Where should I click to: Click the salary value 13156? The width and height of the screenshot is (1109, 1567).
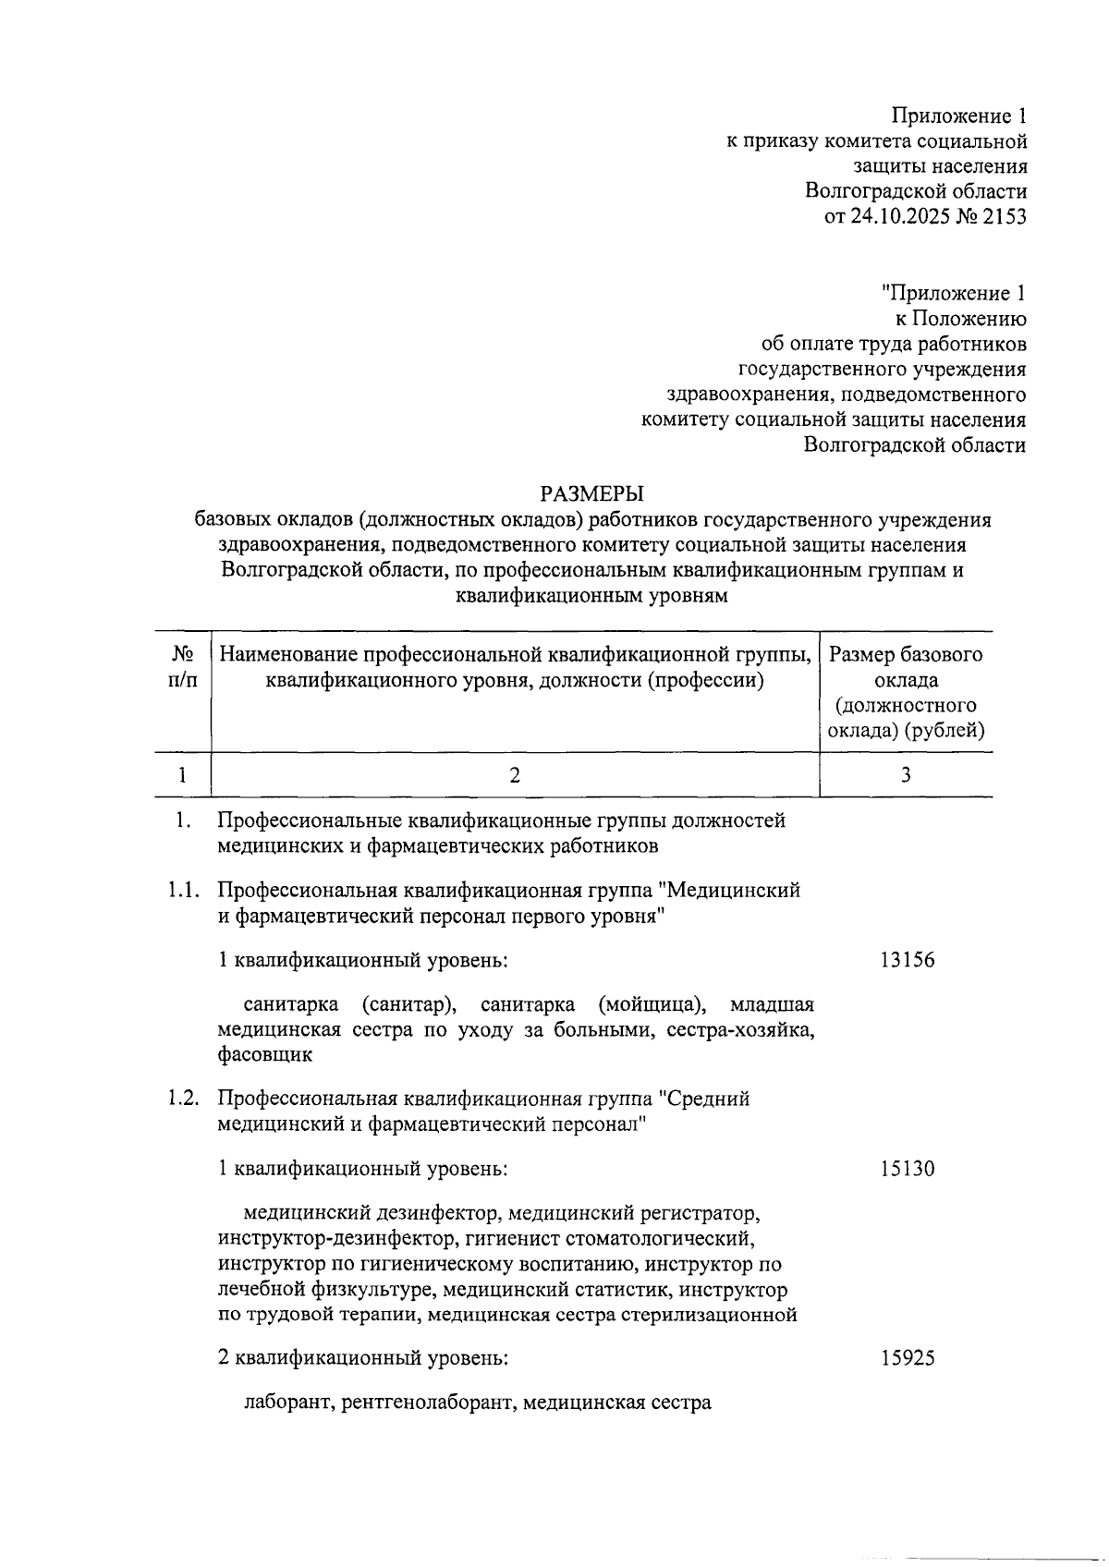(907, 960)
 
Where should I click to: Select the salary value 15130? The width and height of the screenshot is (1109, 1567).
(907, 1169)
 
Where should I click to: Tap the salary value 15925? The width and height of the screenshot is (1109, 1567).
(907, 1358)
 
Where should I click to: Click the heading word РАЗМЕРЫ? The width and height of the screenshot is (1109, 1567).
(592, 493)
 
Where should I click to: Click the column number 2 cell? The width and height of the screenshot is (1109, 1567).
(515, 775)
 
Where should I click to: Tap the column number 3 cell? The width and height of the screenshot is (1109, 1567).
(906, 775)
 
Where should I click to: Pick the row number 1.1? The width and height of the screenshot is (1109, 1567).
(183, 892)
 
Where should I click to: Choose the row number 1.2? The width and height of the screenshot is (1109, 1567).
(183, 1099)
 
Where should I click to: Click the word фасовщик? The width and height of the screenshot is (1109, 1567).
(265, 1054)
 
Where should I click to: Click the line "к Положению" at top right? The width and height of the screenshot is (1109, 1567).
(960, 320)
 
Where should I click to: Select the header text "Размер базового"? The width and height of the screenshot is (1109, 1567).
(906, 655)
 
